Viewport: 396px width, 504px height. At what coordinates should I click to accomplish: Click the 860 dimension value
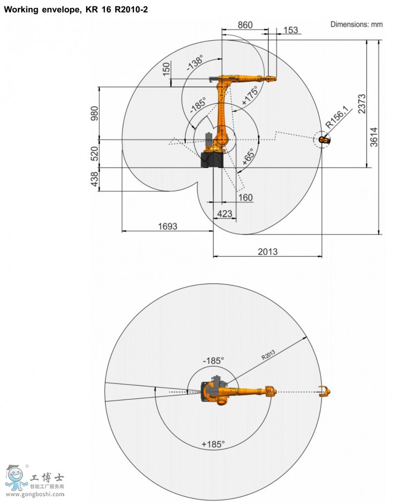click(x=245, y=25)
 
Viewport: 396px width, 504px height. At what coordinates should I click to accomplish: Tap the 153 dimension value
click(x=291, y=30)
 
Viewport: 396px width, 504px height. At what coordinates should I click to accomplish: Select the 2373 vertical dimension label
click(x=362, y=104)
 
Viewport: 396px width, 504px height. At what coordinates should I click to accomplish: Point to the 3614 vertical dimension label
click(x=374, y=137)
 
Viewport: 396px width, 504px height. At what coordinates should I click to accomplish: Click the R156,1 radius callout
click(x=337, y=117)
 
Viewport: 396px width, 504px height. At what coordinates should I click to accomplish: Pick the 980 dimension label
click(x=95, y=113)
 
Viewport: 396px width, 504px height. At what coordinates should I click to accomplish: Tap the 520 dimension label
click(x=95, y=154)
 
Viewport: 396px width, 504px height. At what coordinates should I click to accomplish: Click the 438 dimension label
click(x=95, y=179)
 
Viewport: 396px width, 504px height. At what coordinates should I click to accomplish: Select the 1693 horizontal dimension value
click(x=168, y=227)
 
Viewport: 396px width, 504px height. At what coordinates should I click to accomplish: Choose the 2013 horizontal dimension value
click(x=268, y=251)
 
